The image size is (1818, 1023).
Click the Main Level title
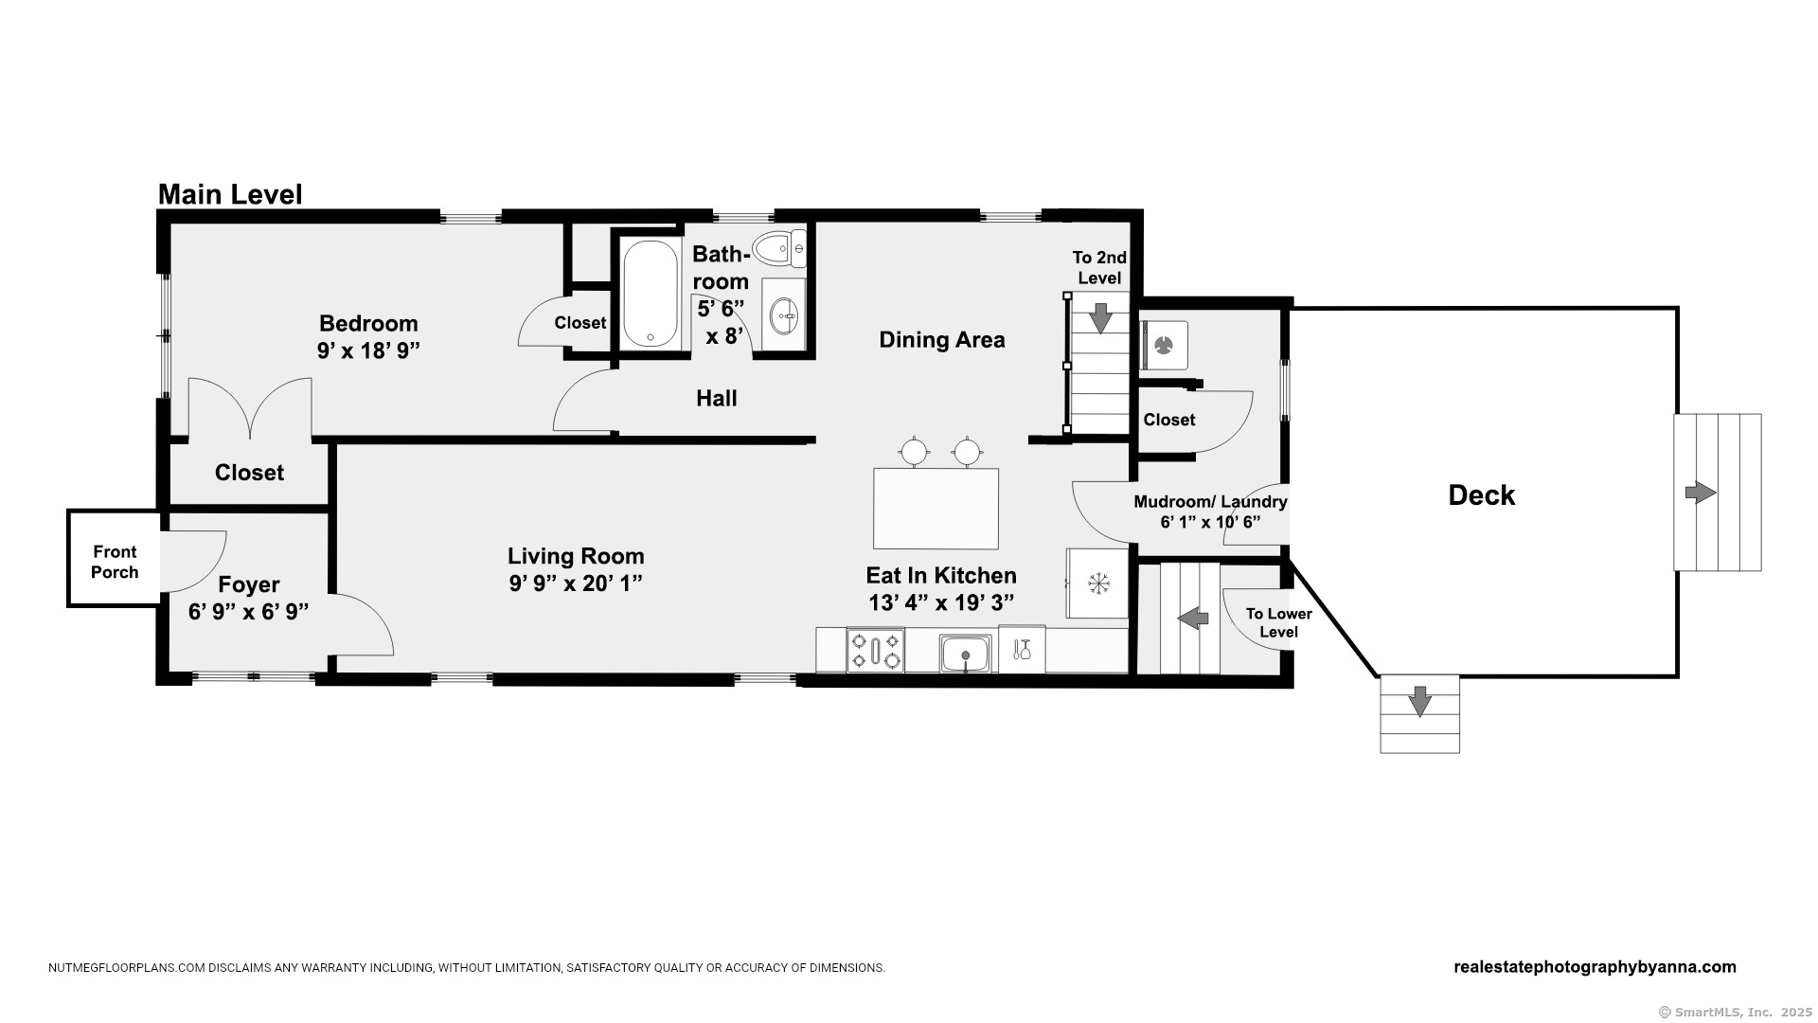click(x=230, y=194)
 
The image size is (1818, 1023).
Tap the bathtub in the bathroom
click(x=650, y=294)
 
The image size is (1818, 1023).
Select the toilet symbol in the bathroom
click(x=778, y=248)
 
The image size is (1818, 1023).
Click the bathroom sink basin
click(x=784, y=316)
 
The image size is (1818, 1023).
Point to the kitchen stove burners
click(x=875, y=651)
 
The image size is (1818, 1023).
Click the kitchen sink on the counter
click(x=965, y=654)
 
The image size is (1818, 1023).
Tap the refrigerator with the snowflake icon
click(x=1098, y=583)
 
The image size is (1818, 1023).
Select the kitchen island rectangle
click(x=936, y=509)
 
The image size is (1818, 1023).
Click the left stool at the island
click(x=914, y=452)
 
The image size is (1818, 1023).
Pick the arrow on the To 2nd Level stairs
click(x=1100, y=317)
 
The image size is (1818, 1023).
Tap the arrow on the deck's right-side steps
click(x=1701, y=493)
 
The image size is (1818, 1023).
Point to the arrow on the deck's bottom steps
click(x=1419, y=702)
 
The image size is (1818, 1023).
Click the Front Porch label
click(x=115, y=562)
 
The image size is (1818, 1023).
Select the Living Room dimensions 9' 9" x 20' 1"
click(x=576, y=583)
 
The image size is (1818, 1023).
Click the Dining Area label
click(x=942, y=340)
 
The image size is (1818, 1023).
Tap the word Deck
click(x=1481, y=495)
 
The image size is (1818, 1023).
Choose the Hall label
click(x=717, y=399)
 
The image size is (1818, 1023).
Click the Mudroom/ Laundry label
click(x=1210, y=502)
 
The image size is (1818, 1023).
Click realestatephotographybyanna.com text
click(x=1595, y=967)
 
